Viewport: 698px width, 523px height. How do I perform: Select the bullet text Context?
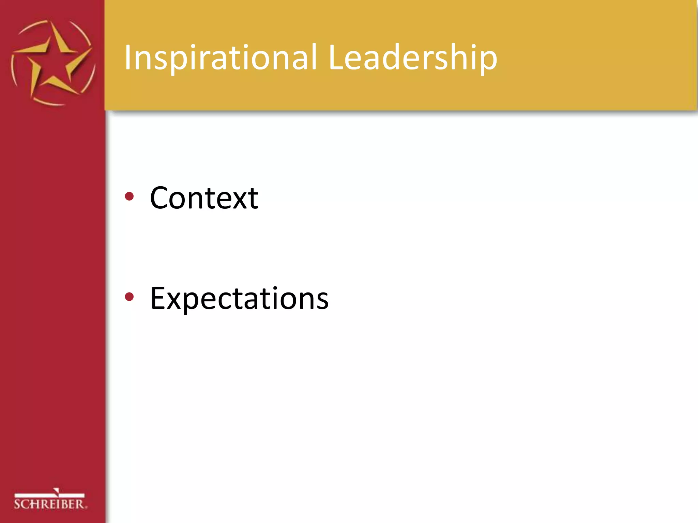(204, 198)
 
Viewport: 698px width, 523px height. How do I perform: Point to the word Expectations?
(239, 299)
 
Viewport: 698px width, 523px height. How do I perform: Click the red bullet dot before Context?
(129, 196)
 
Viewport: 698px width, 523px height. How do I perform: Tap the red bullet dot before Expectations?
(129, 297)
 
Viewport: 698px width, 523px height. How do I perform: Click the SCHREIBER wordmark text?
(50, 504)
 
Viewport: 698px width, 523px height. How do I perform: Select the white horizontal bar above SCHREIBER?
(49, 495)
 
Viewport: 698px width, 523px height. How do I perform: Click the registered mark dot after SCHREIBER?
(86, 508)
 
